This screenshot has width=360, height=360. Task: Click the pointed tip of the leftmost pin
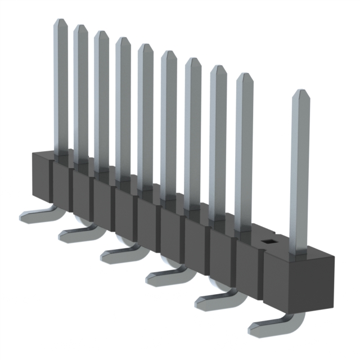pos(60,21)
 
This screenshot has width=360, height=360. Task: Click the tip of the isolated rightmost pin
pos(300,93)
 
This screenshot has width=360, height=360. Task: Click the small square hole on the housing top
pos(268,242)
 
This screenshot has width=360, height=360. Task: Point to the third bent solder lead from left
pos(119,254)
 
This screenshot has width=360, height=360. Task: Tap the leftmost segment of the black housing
pos(40,177)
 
